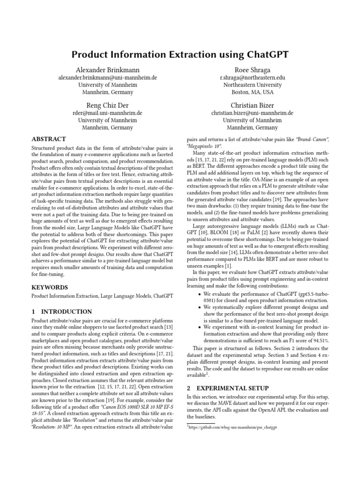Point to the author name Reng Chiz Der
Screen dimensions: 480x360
point(107,105)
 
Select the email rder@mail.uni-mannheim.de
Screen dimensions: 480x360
point(107,113)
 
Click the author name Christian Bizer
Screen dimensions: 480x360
point(252,105)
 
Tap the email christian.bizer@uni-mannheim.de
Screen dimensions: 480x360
point(252,113)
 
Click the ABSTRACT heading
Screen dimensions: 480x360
point(48,139)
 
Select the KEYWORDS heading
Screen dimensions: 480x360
point(50,287)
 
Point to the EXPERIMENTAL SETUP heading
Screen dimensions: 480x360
point(227,388)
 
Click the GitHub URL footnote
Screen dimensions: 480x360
point(233,428)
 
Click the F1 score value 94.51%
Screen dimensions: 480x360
point(319,340)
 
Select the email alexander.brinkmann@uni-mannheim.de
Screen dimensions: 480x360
point(107,77)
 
